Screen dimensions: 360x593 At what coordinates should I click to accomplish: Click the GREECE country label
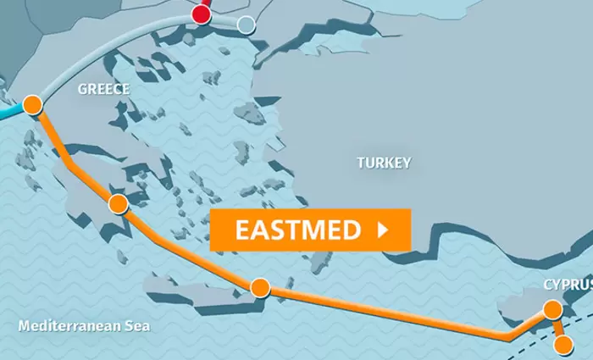click(x=103, y=89)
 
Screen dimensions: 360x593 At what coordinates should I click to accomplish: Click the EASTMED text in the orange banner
click(x=297, y=230)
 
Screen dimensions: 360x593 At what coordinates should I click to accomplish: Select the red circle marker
click(x=201, y=14)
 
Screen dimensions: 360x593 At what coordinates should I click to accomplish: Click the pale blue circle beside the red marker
click(x=246, y=25)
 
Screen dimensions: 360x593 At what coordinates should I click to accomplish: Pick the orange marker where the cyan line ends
click(x=32, y=105)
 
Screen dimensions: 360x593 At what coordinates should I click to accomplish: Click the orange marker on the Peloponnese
click(x=118, y=203)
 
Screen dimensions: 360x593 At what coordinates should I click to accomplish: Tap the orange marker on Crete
click(x=260, y=287)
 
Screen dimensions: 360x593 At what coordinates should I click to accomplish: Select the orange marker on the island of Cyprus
click(x=552, y=308)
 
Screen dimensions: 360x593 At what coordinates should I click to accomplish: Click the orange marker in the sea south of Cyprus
click(x=563, y=344)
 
